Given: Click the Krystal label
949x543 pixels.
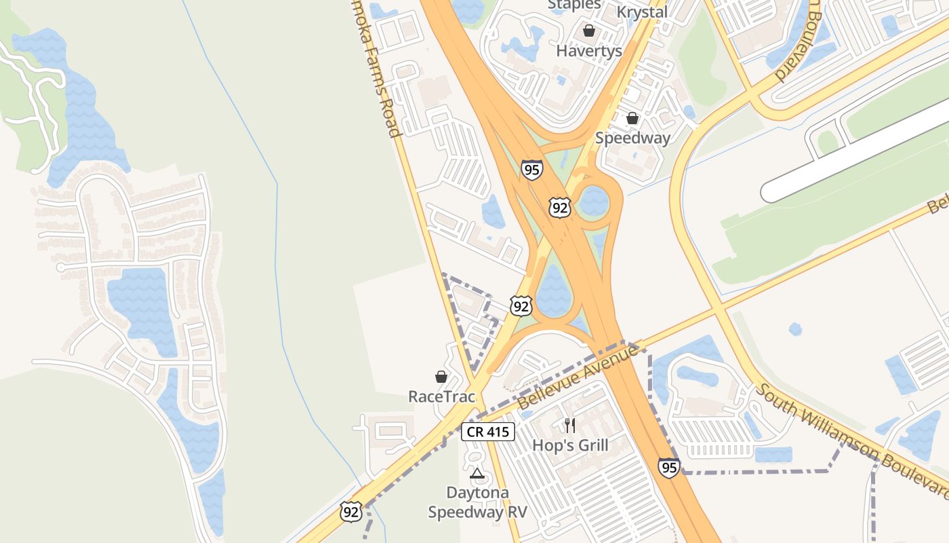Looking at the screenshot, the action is coord(642,12).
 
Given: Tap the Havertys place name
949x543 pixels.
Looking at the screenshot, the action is coord(589,51).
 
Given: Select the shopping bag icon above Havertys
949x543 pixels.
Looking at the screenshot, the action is coord(589,31).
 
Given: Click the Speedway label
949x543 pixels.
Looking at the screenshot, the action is coord(632,138).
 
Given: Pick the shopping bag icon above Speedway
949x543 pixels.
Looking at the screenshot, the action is coord(632,118).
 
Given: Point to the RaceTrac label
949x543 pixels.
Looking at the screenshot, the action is coord(441,396).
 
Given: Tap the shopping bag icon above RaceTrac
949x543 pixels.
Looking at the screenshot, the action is coord(441,376).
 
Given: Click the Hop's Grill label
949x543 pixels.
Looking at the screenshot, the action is coord(570,445).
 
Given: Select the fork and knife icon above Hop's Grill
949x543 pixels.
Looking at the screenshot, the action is coord(570,426).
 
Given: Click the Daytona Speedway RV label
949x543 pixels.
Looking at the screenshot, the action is coord(477,502).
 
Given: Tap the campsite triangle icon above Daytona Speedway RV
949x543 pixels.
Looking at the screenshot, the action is coord(477,473).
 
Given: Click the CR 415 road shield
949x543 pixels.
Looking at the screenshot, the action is coord(488,432).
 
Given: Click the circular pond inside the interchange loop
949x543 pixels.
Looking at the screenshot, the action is coord(594,202).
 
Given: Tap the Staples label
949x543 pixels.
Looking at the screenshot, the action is coord(574,5).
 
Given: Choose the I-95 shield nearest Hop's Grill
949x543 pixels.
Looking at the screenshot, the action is coord(668,468).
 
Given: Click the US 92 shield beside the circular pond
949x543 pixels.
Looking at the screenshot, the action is coord(559,208).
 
